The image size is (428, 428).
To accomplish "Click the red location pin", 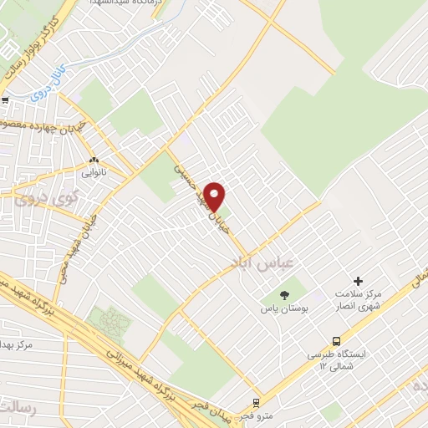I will (x=216, y=196).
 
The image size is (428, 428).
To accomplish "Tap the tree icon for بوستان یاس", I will (x=283, y=294).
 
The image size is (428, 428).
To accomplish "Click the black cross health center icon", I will (x=359, y=282).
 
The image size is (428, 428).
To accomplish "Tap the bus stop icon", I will (x=335, y=340).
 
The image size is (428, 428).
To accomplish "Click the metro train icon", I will (x=256, y=402).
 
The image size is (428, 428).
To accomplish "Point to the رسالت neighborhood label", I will (x=18, y=409).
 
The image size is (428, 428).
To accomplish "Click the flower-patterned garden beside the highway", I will (x=109, y=320).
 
